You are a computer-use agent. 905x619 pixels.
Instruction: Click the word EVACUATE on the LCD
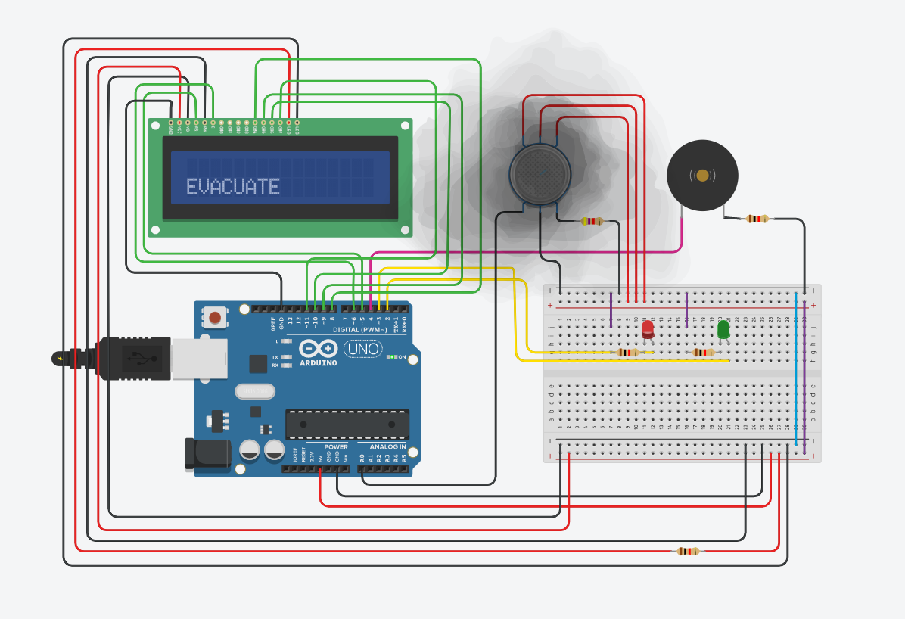tap(232, 186)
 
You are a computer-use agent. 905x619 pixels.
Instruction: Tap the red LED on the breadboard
tap(648, 329)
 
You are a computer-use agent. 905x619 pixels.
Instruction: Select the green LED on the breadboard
tap(723, 329)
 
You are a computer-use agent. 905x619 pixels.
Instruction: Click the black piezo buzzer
tap(702, 176)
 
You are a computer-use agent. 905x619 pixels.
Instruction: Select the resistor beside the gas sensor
tap(592, 221)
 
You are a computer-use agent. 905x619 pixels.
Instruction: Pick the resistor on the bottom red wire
tap(687, 551)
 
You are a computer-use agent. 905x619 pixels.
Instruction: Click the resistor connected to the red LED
tap(628, 353)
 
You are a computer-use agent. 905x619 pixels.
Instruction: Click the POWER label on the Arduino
tap(336, 447)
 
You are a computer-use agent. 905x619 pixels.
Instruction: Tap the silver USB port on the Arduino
tap(199, 359)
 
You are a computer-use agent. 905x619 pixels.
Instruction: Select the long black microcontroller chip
tap(347, 425)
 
